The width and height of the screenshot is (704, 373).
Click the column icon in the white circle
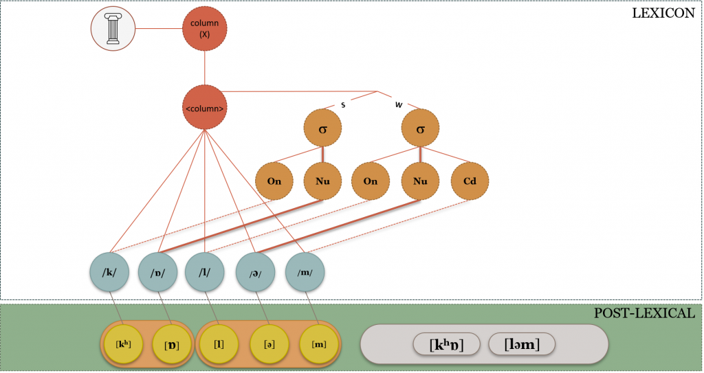[113, 29]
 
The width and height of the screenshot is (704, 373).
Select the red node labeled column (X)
[204, 29]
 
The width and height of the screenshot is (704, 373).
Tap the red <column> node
[204, 108]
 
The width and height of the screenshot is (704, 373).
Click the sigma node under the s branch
[322, 128]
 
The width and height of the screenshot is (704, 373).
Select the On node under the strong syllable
[274, 181]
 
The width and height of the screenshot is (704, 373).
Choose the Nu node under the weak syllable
[421, 181]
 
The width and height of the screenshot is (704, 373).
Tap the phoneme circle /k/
[110, 273]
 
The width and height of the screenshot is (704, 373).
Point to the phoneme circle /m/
[305, 273]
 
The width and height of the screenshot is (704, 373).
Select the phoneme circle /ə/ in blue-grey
[256, 273]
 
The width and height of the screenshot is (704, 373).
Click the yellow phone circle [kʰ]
[122, 343]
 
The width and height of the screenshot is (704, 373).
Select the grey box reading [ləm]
[520, 344]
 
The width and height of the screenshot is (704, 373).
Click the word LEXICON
[663, 12]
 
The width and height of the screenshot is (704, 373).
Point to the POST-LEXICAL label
[644, 313]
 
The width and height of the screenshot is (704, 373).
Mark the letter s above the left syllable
[342, 104]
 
